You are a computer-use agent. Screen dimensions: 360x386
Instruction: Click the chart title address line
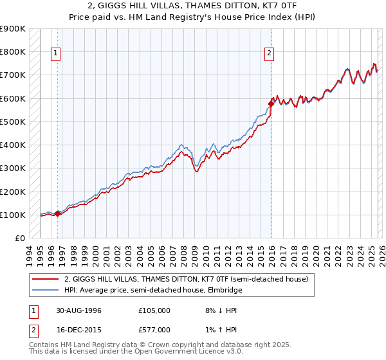coord(193,5)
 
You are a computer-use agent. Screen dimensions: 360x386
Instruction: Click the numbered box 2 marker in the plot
coord(269,54)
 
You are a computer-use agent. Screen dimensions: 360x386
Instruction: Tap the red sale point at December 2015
coord(271,103)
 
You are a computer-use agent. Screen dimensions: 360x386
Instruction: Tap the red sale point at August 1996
coord(58,213)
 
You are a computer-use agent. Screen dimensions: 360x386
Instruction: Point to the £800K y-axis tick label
coord(13,51)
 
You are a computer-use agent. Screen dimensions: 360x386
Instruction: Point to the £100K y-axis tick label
coord(13,215)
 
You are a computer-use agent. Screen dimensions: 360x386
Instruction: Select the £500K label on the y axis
coord(13,122)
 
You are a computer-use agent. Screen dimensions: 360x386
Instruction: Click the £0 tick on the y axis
coord(21,239)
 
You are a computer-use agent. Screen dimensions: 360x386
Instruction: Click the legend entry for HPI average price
coord(153,290)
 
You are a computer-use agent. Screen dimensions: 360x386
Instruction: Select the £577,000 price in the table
coord(154,328)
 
